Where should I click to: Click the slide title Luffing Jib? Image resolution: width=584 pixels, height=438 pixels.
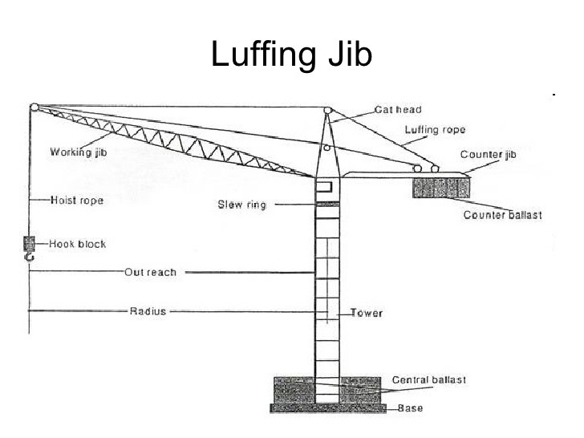291,54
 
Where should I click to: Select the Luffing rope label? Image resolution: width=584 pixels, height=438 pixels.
434,130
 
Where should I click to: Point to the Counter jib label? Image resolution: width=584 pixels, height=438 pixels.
487,154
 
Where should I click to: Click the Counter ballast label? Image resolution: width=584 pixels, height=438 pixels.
502,215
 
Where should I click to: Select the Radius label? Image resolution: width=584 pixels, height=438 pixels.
148,310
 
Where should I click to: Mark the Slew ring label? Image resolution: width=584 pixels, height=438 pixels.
241,205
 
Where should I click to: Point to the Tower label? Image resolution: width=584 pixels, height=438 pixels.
367,313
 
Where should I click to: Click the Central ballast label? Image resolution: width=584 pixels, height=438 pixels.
428,379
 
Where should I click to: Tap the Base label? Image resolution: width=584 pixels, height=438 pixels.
411,408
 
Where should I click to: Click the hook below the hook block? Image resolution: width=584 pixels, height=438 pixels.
30,258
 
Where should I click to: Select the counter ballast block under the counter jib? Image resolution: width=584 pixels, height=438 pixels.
440,189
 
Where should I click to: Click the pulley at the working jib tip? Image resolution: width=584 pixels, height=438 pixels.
34,107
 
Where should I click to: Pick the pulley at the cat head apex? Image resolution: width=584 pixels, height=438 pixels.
328,111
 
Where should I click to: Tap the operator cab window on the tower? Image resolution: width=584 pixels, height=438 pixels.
324,187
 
